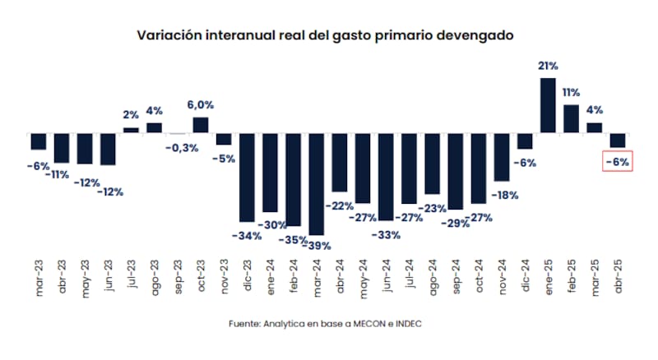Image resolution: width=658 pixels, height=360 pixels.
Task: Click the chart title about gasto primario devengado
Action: click(328, 35)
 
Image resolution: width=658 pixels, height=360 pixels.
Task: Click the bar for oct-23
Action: click(201, 125)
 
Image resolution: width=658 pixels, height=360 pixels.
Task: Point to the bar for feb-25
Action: click(571, 118)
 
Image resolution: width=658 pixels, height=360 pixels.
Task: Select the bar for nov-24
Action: click(502, 156)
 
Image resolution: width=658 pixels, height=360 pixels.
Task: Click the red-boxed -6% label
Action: click(617, 162)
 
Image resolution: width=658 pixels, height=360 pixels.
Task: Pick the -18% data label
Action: click(503, 195)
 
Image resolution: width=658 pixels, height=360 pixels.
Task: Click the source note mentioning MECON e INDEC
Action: click(328, 324)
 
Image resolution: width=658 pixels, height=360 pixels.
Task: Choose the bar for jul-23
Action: click(131, 130)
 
